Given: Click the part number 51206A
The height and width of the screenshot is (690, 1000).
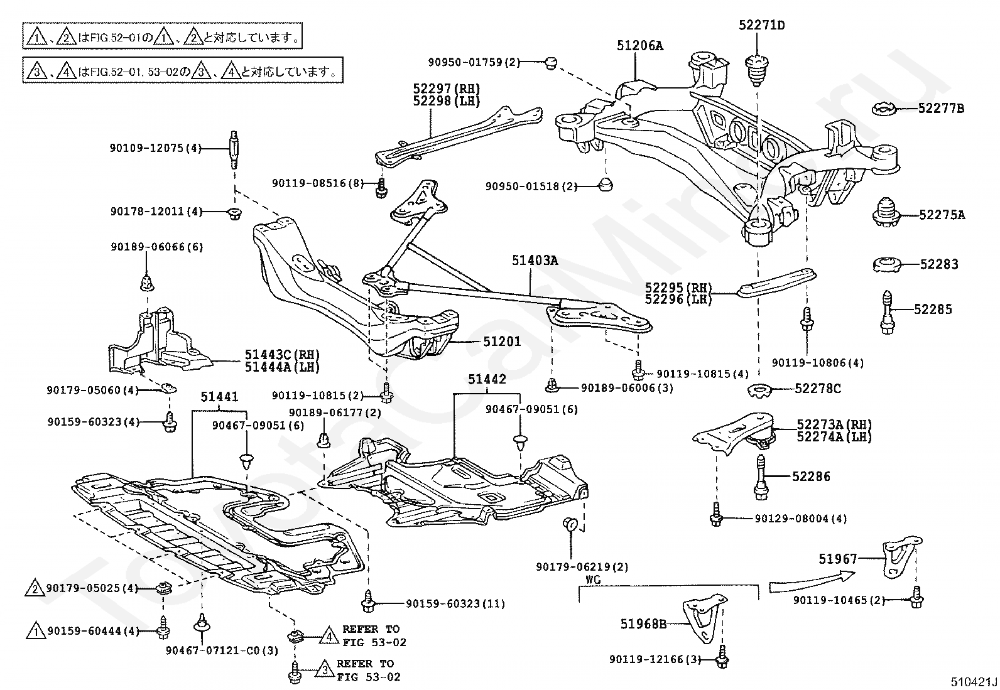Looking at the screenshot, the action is coord(639,46).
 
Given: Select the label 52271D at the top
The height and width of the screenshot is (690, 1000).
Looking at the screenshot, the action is coord(761,25).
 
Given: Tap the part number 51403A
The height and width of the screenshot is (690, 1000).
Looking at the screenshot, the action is coord(535,260).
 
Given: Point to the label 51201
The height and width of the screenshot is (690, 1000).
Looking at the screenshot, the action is coord(503,342).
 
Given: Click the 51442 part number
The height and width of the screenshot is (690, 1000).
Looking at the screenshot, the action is coord(487,379).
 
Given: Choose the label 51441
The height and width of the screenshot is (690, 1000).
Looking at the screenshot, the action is coord(219,396).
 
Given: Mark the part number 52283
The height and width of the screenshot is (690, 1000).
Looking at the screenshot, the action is coord(939,264).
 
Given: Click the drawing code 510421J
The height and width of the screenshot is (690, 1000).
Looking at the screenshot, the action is coord(973,681).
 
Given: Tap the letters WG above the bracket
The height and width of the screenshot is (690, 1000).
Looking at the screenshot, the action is coord(593,579).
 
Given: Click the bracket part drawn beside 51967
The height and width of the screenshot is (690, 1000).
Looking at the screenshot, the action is coord(901,558).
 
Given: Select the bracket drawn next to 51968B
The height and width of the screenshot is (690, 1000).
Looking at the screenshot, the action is coord(705,618).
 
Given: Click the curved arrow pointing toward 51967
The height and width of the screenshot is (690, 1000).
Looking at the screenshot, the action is coord(811,581).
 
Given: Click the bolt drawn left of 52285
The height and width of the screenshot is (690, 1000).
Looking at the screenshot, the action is coord(888,312).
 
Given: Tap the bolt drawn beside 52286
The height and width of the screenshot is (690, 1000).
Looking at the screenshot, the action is coord(761,477).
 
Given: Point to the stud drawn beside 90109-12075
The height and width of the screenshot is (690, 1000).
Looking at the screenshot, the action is coord(234,149).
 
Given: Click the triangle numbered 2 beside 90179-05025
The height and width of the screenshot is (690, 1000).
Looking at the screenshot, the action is coord(35,588).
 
